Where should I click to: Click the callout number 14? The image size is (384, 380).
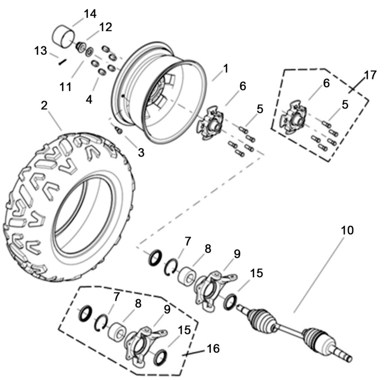(x=90, y=14)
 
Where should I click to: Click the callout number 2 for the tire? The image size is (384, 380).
(x=44, y=106)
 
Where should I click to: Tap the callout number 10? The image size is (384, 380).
(x=347, y=230)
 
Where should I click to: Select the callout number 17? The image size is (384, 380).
(x=370, y=75)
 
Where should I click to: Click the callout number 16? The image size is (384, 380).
(x=212, y=349)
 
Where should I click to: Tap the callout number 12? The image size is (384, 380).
(x=105, y=27)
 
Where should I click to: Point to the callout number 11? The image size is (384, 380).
(x=65, y=87)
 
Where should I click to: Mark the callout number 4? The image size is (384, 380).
(x=89, y=100)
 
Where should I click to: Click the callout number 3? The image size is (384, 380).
(x=141, y=152)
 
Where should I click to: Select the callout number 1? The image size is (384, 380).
(x=225, y=68)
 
